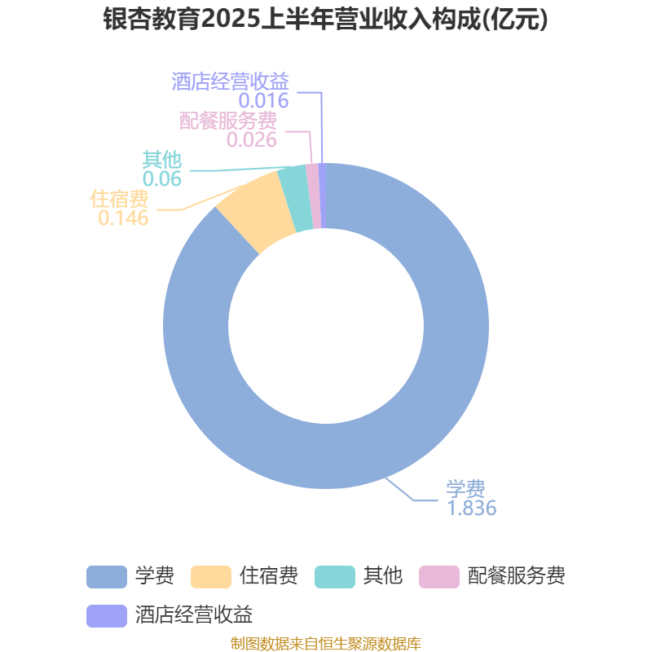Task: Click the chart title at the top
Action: point(325,20)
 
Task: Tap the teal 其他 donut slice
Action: point(296,198)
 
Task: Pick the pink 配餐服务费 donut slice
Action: point(314,196)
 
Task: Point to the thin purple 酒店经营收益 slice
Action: point(323,196)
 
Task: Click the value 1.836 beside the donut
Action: point(472,508)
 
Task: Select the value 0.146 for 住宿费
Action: point(123,218)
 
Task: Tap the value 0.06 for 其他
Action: point(161,179)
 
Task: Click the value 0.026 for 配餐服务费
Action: point(252,140)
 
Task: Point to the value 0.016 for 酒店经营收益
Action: point(263,101)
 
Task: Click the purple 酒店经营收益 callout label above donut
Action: point(230,81)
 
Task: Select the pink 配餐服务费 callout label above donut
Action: point(228,121)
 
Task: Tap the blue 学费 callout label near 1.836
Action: point(465,488)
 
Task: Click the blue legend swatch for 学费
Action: point(107,577)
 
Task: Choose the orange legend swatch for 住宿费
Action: point(211,577)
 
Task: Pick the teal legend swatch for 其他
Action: point(335,577)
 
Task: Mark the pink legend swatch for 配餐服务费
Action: point(439,577)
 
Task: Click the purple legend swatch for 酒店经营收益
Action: point(107,616)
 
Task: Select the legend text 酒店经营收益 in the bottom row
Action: point(194,615)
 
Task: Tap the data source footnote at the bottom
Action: point(325,643)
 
